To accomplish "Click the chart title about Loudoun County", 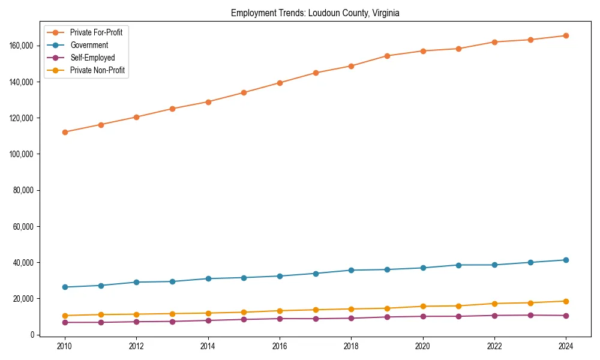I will click(315, 13).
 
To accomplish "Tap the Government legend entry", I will click(89, 45).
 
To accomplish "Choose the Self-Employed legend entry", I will click(92, 58).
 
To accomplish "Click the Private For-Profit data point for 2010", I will click(65, 132).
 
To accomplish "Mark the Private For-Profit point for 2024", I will click(566, 35).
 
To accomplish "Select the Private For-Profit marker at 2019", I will click(387, 56).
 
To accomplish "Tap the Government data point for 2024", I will click(566, 260).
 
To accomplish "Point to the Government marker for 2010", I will click(65, 287).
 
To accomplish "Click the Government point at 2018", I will click(351, 270).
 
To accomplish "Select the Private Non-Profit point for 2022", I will click(494, 304).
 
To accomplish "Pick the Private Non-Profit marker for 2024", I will click(566, 301).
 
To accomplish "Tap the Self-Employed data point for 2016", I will click(280, 319).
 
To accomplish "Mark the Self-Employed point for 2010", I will click(65, 322).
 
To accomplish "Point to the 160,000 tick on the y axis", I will click(22, 46).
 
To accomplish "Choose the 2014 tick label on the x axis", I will click(208, 346).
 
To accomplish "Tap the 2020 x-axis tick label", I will click(422, 346).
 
